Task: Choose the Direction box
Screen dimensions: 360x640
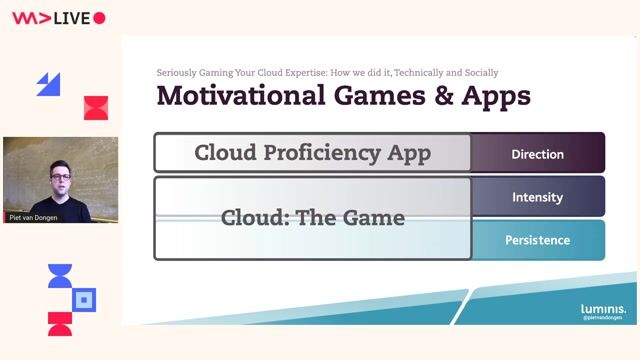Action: point(537,154)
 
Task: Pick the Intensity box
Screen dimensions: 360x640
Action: point(537,197)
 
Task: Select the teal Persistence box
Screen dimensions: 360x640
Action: point(537,240)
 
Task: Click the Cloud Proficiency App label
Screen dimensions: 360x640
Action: point(312,153)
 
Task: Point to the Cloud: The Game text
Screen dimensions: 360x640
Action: point(312,217)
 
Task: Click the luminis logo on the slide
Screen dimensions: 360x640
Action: point(603,309)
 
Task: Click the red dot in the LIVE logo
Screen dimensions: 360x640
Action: point(99,18)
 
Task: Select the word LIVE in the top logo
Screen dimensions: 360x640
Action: point(75,18)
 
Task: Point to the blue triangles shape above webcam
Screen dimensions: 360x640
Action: point(48,84)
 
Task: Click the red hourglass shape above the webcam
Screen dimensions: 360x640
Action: point(95,108)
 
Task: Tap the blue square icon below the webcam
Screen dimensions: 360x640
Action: point(85,299)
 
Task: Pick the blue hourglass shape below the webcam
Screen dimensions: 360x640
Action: point(60,276)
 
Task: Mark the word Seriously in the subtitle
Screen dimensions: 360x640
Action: point(177,72)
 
